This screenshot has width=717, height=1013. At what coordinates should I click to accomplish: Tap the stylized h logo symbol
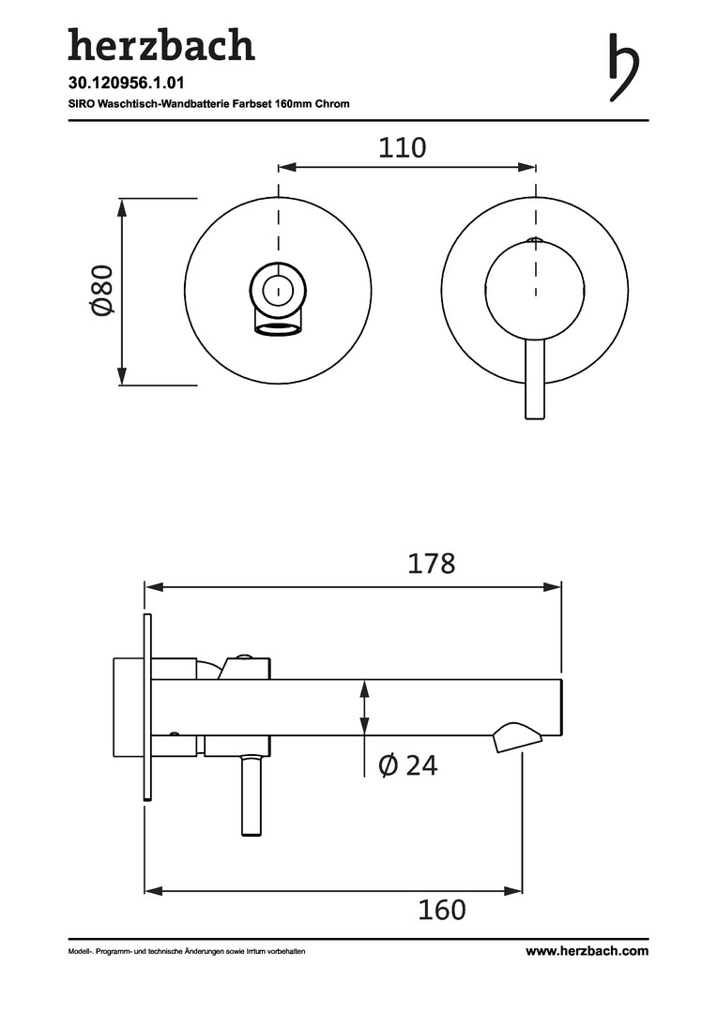623,68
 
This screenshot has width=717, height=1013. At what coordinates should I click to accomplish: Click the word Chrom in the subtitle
332,103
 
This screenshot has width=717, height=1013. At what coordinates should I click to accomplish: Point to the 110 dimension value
403,148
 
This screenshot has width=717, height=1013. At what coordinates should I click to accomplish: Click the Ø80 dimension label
103,291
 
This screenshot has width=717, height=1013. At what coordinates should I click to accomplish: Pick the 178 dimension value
432,564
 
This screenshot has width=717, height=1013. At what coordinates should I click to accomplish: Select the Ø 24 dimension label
408,765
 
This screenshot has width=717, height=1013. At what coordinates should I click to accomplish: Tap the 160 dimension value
442,910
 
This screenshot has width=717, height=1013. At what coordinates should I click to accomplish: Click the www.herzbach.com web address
587,950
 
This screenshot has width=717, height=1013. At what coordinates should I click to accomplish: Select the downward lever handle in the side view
252,796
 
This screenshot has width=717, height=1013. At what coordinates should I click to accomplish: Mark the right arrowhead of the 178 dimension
553,586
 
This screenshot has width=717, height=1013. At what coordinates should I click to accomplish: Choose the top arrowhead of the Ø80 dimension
122,208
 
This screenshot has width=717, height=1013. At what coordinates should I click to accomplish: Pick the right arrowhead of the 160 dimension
513,892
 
